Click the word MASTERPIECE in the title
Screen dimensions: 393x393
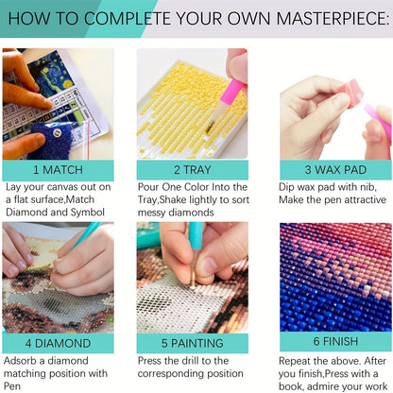click(x=332, y=18)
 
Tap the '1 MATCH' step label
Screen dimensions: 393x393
click(x=58, y=170)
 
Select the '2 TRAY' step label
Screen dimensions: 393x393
click(x=193, y=170)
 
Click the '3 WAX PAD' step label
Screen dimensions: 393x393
click(x=335, y=170)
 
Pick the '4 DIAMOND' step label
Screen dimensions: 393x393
click(x=58, y=343)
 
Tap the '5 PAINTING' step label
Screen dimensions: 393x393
click(x=193, y=343)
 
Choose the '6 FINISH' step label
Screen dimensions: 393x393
click(x=335, y=341)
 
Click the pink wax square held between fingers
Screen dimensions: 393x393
click(x=350, y=93)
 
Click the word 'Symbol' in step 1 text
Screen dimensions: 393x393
click(x=87, y=213)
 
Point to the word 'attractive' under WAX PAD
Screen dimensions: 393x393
click(x=366, y=199)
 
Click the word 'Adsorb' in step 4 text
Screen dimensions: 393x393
click(x=20, y=361)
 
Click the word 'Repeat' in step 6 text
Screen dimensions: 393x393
click(x=295, y=361)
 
